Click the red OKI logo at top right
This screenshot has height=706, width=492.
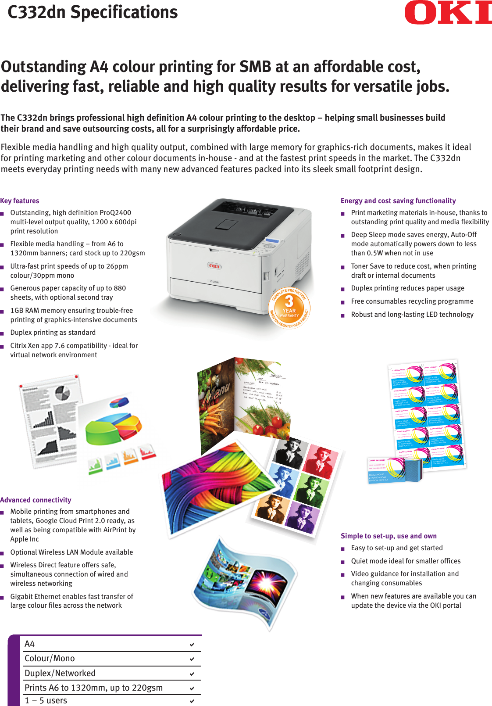(448, 13)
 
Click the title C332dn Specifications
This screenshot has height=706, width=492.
(93, 12)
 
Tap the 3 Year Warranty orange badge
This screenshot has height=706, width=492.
(289, 307)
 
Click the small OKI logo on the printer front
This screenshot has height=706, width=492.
(214, 266)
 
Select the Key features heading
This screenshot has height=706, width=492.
(20, 201)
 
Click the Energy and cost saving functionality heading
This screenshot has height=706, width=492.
(398, 201)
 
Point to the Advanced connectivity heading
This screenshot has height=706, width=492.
(36, 500)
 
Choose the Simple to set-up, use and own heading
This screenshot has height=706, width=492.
(389, 536)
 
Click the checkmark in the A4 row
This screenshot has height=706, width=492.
(192, 645)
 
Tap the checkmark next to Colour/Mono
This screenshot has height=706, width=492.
(192, 659)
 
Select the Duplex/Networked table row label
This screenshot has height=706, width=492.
(60, 673)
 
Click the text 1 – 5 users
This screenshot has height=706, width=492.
(46, 700)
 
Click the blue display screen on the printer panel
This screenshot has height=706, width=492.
(272, 240)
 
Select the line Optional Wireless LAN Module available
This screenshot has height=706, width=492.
(71, 552)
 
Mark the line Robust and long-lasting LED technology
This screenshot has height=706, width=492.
(412, 315)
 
